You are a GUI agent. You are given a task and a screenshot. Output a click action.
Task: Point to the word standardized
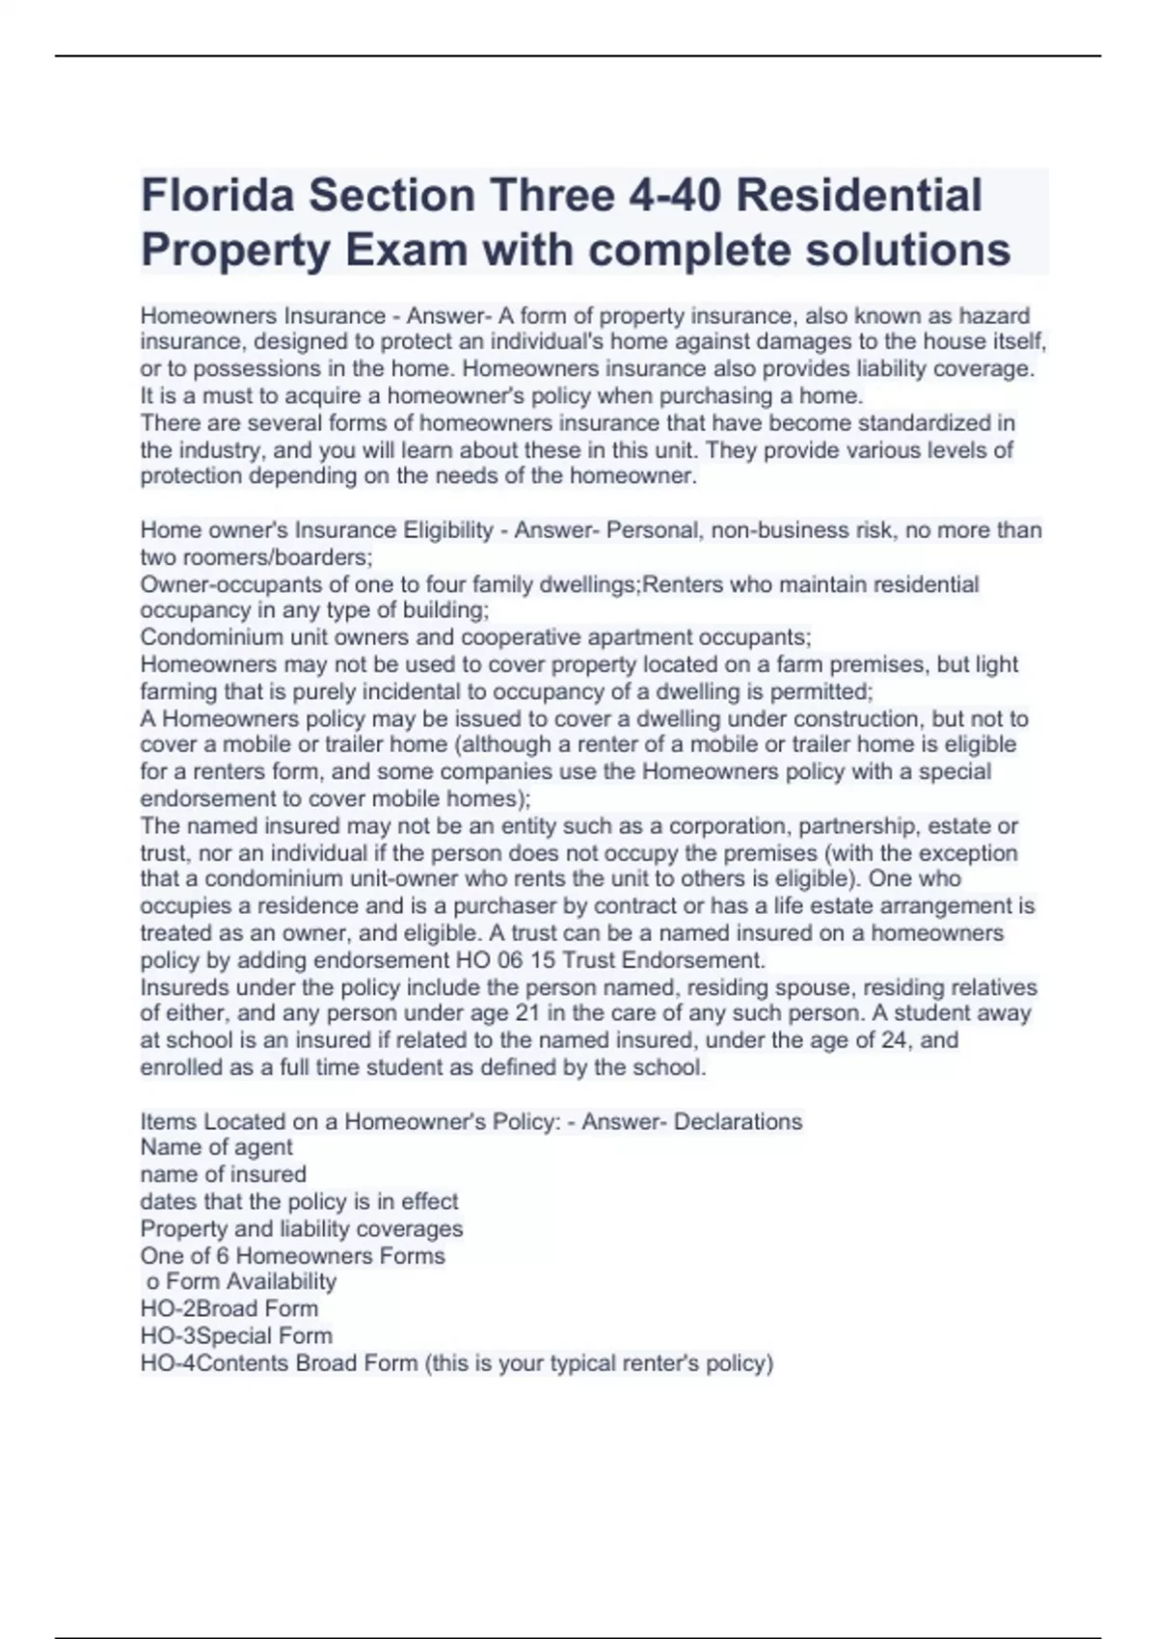[926, 422]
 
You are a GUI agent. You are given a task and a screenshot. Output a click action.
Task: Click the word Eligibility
[445, 530]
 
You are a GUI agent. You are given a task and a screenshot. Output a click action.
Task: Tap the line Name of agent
[216, 1147]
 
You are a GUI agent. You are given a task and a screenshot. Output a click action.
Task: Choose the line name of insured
[223, 1174]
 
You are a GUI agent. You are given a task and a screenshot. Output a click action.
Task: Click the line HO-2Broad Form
[229, 1308]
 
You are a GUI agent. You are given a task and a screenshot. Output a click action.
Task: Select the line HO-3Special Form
[236, 1335]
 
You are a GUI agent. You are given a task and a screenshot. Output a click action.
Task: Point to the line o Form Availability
[241, 1281]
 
